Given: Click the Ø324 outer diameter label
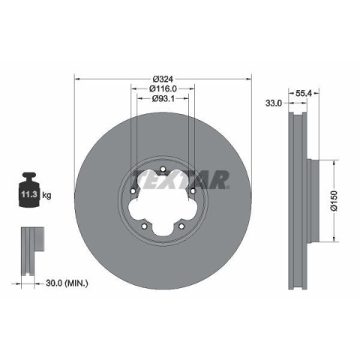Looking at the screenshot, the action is pos(163,79).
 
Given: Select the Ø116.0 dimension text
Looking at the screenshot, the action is pos(163,88).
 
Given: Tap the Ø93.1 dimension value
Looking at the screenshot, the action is pos(163,98).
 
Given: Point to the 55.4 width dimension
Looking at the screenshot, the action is pos(304,93).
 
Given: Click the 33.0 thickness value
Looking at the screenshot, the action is pos(274,103).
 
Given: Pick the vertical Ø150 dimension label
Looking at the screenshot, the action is pos(334,201).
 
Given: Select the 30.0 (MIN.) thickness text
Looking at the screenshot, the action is pos(67,283).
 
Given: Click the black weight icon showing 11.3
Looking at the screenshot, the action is pos(29,190).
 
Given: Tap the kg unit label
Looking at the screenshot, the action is pos(46,194).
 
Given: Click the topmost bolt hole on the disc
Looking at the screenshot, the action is pos(163,169).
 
